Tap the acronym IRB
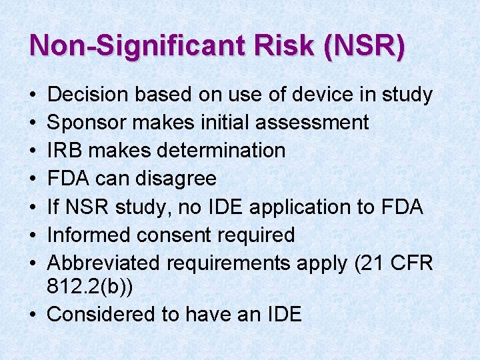coord(65,151)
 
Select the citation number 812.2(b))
coord(91,288)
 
